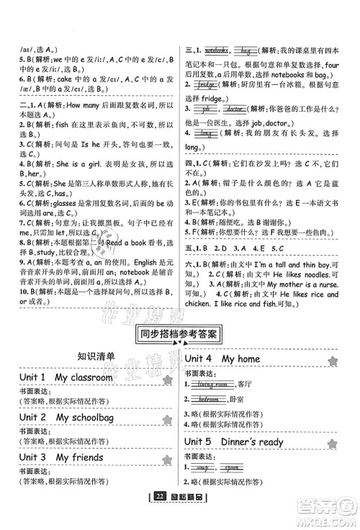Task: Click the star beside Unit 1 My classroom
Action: (167, 379)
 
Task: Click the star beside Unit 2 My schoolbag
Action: (167, 420)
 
